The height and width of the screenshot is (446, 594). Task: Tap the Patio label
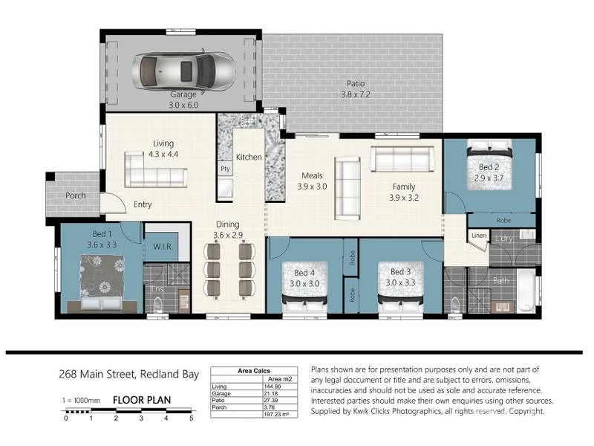point(355,84)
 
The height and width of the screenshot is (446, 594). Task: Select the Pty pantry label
point(224,169)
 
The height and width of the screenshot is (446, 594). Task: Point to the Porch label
point(76,195)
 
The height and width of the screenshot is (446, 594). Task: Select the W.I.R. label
point(163,247)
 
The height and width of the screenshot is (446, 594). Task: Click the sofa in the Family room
point(402,158)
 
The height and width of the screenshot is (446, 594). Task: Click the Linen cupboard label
point(479,237)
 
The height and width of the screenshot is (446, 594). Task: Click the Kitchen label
point(249,158)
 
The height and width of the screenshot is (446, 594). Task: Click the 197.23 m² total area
point(272,413)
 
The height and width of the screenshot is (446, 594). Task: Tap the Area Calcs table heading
point(254,370)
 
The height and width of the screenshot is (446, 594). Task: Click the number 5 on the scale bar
point(191,418)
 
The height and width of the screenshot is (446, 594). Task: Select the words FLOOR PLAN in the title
point(142,400)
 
